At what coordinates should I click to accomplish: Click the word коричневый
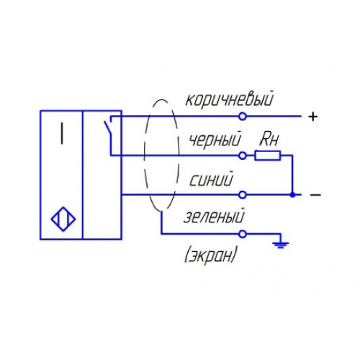click(230, 99)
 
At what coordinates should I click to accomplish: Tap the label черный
click(215, 140)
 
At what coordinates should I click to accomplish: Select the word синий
click(211, 179)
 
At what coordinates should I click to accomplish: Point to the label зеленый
click(214, 216)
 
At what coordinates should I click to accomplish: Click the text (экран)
click(211, 254)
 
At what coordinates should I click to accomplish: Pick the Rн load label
click(269, 140)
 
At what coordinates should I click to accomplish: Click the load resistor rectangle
click(268, 156)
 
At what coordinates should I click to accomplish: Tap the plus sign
click(313, 117)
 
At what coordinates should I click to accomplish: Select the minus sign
click(315, 194)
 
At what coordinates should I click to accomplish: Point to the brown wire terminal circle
click(243, 117)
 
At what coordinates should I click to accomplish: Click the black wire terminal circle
click(243, 156)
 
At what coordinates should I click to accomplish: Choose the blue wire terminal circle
click(243, 194)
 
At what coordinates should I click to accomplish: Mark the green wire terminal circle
click(243, 233)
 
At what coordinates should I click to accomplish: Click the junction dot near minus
click(292, 194)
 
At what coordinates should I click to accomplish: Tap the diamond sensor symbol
click(63, 219)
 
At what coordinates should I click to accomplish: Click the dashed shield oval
click(145, 156)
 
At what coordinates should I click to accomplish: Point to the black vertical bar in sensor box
click(62, 133)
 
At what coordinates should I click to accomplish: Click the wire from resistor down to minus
click(292, 175)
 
